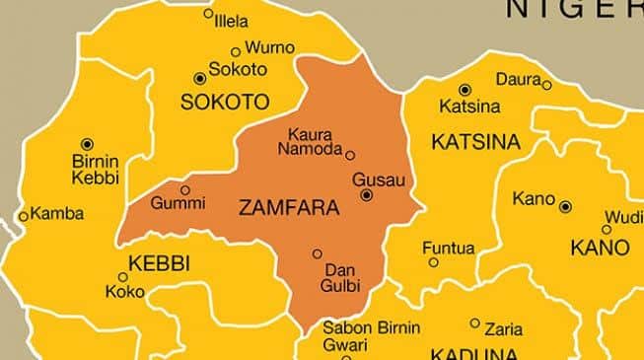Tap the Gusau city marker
point(367,195)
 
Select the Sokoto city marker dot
point(201,77)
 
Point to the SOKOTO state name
point(225,102)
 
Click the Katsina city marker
point(465,90)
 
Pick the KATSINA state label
point(475,143)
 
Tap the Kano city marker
point(565,207)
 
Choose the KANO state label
point(600,246)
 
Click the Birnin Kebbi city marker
point(87,144)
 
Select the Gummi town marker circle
point(184,189)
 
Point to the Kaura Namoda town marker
point(350,154)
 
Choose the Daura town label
point(518,78)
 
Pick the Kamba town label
point(57,213)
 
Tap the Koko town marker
point(122,277)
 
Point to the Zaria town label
point(503,329)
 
